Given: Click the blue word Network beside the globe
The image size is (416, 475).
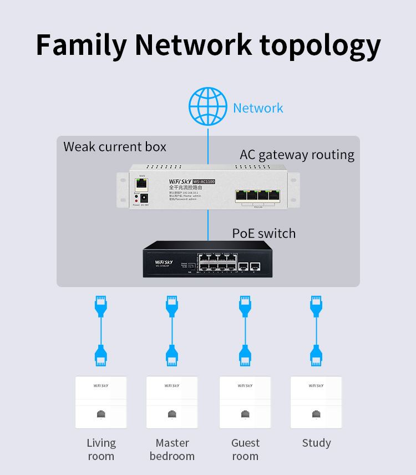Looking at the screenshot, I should (258, 108).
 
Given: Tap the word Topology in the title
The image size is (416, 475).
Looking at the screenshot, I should (320, 45).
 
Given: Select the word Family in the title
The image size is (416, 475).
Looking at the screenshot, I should (81, 45).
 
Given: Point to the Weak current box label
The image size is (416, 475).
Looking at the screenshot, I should (115, 147).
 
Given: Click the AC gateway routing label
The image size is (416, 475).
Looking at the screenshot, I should (297, 155).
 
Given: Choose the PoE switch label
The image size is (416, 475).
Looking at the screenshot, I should (264, 233).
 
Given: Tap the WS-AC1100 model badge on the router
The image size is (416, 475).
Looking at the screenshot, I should (200, 181).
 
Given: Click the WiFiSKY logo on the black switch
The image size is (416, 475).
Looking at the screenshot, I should (164, 262).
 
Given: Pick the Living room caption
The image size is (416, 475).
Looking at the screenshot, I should (101, 450).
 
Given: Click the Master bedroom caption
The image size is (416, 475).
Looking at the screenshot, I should (172, 450).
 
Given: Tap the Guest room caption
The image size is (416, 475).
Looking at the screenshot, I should (245, 450).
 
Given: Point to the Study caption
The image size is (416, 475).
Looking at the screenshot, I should (316, 443).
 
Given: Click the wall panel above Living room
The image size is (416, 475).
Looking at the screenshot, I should (101, 402).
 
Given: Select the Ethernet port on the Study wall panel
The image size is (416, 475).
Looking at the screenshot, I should (316, 414).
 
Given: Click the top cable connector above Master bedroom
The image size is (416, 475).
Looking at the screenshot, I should (172, 307).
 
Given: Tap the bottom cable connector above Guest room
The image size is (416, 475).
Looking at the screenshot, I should (245, 355).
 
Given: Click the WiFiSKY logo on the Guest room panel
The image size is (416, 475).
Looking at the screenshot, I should (245, 386).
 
